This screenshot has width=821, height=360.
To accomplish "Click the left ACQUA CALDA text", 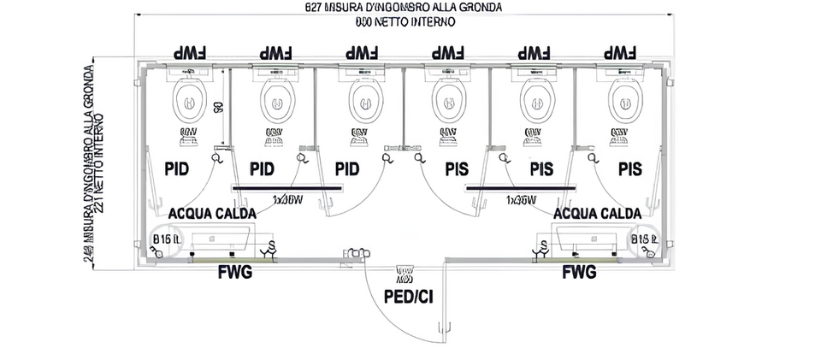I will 210,212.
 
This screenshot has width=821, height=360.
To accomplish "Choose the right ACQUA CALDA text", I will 598,212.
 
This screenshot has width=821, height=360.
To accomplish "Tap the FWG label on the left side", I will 234,274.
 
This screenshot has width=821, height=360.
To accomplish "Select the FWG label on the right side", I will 579,274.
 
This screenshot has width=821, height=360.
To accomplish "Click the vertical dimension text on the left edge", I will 94,162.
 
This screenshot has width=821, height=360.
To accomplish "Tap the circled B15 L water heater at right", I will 644,240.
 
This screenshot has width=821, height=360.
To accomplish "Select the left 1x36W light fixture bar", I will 286,186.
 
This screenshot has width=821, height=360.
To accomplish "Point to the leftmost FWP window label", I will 192,51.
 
